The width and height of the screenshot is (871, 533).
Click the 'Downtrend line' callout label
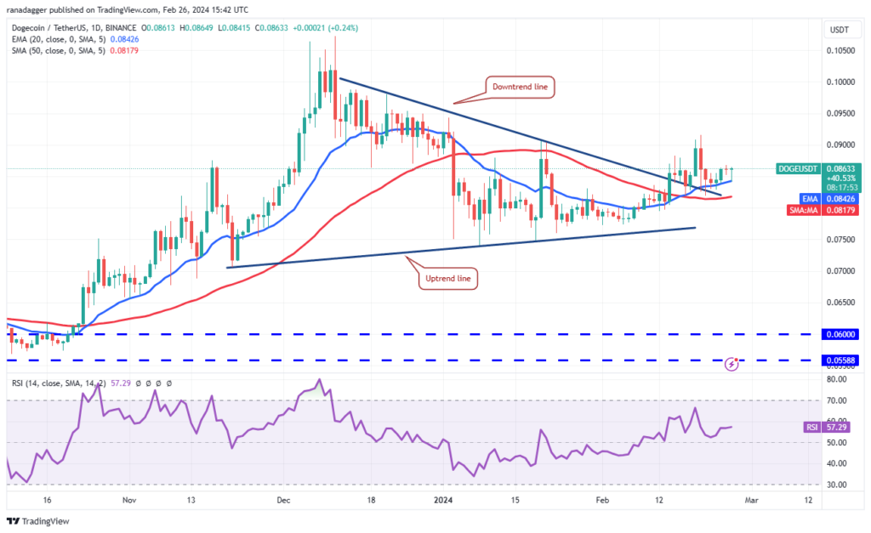click(521, 86)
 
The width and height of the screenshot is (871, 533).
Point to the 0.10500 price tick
click(841, 50)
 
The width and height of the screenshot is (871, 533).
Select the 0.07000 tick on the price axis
click(841, 271)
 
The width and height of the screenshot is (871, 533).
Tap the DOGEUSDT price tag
click(799, 168)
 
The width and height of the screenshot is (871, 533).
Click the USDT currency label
click(840, 30)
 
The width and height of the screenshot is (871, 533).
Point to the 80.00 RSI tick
click(838, 379)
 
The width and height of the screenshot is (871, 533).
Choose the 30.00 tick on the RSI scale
click(838, 485)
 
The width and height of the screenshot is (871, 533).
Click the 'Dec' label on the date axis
click(282, 502)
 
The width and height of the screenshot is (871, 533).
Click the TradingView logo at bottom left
click(37, 520)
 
